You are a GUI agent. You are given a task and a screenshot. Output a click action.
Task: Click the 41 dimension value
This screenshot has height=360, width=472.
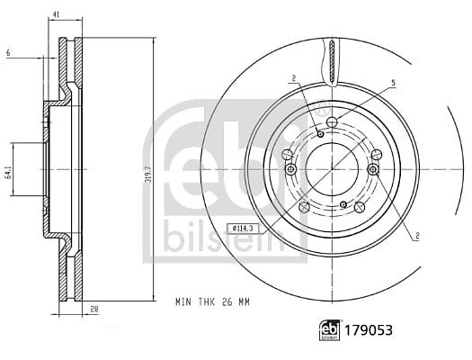tap(57, 13)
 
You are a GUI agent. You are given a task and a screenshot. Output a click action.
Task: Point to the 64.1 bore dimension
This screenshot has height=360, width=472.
tap(10, 172)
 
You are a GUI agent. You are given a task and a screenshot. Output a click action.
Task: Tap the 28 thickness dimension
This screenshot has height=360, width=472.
tap(94, 309)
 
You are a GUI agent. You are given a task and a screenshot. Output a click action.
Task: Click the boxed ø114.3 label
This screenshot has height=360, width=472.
tap(242, 229)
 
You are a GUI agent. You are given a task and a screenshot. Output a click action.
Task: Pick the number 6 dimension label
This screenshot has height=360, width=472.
tap(8, 53)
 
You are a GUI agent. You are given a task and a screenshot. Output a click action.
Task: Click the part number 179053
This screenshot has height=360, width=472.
tap(369, 330)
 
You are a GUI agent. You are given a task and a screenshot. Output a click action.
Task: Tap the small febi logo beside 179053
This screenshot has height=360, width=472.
tap(330, 330)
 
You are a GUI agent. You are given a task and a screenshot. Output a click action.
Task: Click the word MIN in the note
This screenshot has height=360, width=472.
tap(183, 301)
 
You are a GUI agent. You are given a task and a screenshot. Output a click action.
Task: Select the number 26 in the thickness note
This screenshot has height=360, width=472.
tap(227, 301)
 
